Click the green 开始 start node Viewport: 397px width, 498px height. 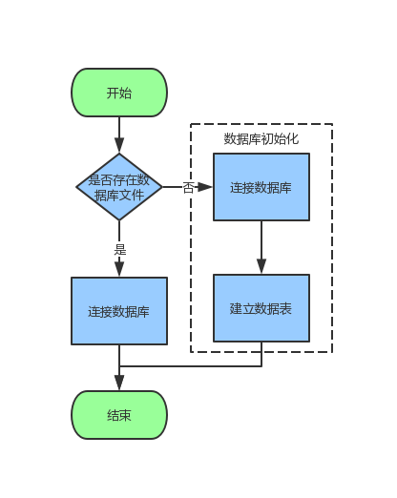pos(119,93)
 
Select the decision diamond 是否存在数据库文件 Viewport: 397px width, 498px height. pos(119,187)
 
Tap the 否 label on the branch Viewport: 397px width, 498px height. pos(187,188)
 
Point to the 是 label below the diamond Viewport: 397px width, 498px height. pos(119,249)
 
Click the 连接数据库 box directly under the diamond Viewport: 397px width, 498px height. pos(119,311)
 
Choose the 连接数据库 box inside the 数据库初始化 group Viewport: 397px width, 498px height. pos(261,187)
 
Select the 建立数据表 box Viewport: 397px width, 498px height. pos(261,308)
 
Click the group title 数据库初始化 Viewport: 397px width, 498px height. pos(261,138)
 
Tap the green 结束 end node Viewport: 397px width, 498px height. pos(119,415)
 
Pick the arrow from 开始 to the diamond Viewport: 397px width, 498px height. pos(119,134)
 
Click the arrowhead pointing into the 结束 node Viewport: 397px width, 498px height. pos(119,383)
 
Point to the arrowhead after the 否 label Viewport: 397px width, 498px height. pos(205,187)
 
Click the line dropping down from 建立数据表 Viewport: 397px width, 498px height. pos(261,354)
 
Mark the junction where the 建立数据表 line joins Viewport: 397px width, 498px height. pos(119,366)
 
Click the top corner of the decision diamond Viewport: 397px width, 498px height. pos(119,154)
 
